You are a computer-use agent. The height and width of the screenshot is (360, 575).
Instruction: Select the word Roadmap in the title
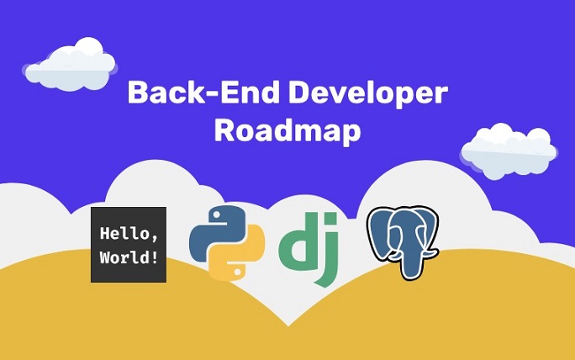[287, 132]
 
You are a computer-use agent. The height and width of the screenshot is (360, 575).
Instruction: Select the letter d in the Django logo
[295, 243]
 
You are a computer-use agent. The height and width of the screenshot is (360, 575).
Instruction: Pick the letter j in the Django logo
[328, 252]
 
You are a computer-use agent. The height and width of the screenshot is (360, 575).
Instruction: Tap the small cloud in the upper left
[71, 64]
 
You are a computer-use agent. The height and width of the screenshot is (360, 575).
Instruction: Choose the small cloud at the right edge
[508, 150]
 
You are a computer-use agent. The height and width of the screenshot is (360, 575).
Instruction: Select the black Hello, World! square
[128, 244]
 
